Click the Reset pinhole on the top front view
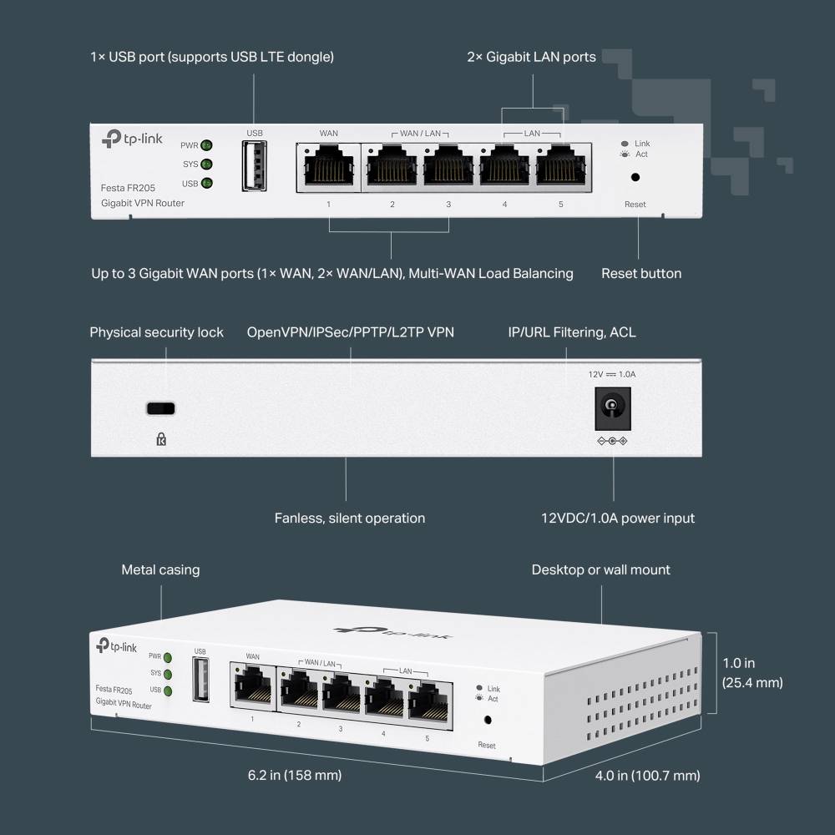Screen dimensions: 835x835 tap(635, 177)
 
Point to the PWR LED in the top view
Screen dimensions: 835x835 tap(205, 145)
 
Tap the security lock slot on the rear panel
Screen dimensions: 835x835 tap(161, 408)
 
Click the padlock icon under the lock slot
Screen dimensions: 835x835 tap(161, 438)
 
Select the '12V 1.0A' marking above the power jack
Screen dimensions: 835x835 tap(611, 375)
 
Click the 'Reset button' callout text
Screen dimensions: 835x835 tap(641, 273)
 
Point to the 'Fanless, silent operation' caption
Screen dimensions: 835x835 tap(349, 519)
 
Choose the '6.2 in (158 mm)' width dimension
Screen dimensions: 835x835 tap(295, 775)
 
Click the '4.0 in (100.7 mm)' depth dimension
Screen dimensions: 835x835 tap(647, 776)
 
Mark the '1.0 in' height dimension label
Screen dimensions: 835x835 tap(738, 663)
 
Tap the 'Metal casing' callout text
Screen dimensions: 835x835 tap(160, 569)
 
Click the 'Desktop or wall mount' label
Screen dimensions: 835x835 tap(600, 569)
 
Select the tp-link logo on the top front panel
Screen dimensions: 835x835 tap(132, 138)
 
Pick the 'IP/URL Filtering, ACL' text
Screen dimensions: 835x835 tap(571, 332)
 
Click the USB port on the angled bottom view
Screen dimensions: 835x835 tap(200, 679)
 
